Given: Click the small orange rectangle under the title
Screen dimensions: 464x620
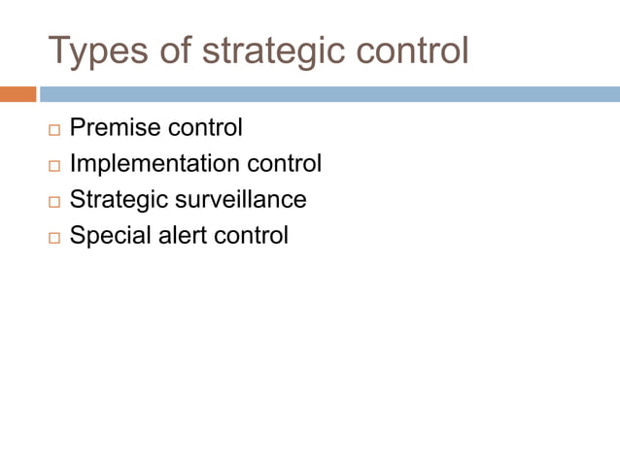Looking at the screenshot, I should click(x=17, y=94).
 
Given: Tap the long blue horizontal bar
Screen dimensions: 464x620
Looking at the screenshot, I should click(x=328, y=94).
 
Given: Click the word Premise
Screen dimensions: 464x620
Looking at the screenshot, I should click(x=115, y=128).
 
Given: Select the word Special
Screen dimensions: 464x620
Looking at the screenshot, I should click(x=108, y=236).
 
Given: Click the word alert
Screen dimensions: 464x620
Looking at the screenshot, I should click(x=178, y=236).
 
